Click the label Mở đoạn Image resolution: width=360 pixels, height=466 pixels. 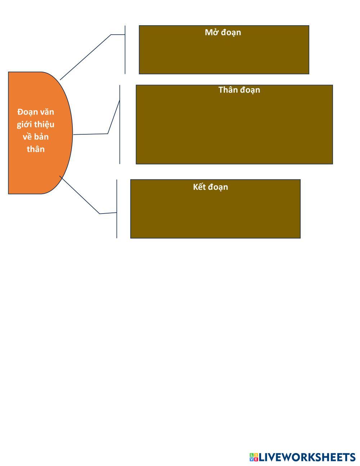(223, 32)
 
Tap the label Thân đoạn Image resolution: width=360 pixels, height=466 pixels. (239, 90)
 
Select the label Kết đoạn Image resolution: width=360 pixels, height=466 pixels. (211, 187)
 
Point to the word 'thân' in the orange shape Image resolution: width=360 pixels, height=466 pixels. (36, 149)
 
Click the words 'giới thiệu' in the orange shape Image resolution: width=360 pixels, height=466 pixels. (36, 124)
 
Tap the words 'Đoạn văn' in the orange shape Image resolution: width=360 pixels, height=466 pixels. (36, 112)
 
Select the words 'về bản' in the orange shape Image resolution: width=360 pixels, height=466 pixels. (36, 137)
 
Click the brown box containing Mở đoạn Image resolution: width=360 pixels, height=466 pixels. (224, 54)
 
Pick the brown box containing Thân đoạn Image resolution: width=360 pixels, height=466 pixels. (234, 130)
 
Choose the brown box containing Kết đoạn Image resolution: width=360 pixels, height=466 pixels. (215, 214)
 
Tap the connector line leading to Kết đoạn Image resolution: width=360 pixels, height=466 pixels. (80, 195)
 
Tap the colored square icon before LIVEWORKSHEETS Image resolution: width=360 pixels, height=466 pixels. (254, 457)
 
